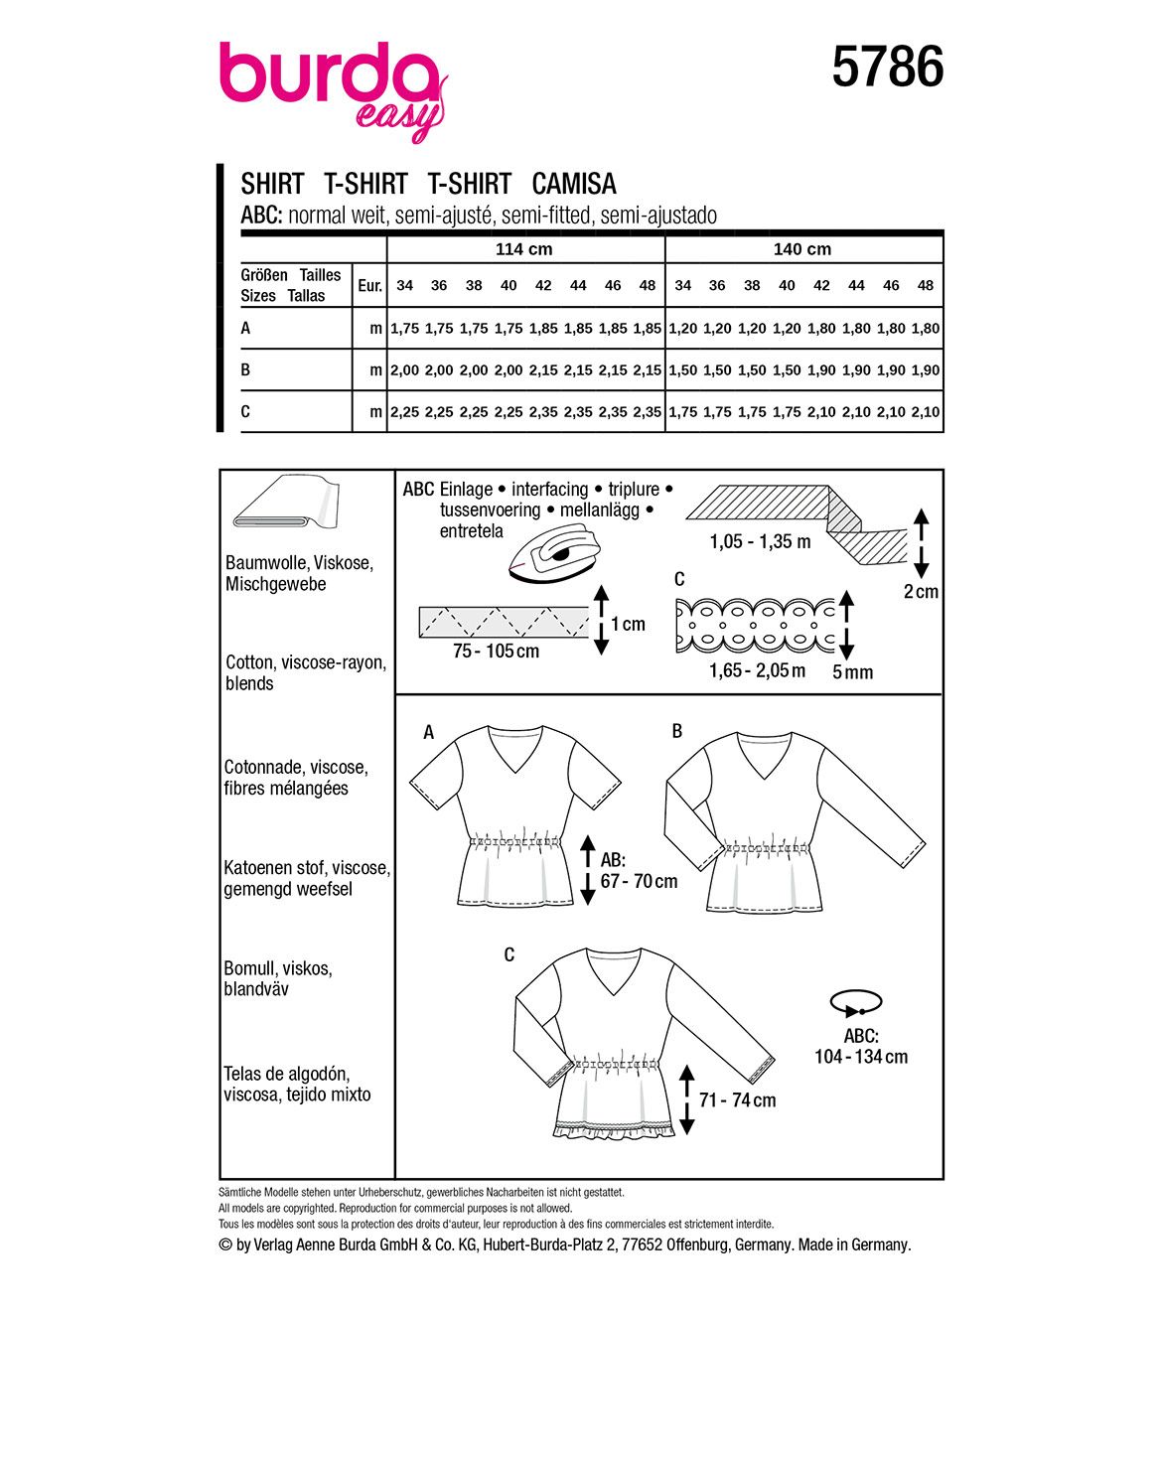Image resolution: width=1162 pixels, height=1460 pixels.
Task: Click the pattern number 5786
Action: tap(887, 69)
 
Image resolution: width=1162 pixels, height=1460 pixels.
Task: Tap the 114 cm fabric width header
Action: tap(523, 249)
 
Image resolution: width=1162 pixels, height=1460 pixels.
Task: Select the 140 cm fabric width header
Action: tap(801, 249)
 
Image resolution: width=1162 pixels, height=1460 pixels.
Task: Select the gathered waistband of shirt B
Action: tap(763, 848)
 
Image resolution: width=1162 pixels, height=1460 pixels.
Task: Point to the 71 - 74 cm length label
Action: tap(737, 1099)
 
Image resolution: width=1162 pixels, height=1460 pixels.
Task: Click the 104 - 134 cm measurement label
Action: tap(861, 1057)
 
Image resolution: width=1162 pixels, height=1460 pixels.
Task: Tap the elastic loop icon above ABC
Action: tap(854, 1002)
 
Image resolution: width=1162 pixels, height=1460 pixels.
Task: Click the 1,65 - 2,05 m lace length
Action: tap(757, 670)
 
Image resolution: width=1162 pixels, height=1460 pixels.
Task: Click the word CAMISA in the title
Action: tap(574, 184)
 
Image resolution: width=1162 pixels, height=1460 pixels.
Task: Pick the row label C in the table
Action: tap(246, 411)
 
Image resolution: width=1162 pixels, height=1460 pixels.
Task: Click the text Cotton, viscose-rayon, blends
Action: tap(305, 672)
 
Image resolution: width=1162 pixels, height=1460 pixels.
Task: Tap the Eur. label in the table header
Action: tap(369, 286)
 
